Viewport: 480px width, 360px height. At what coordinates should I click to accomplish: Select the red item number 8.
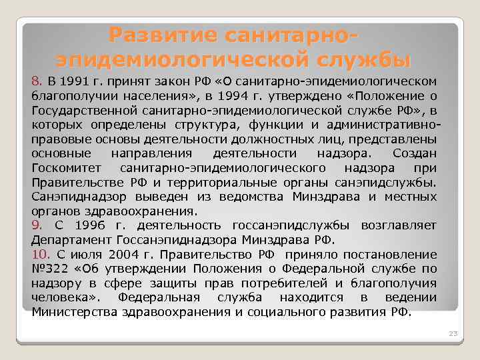(36, 81)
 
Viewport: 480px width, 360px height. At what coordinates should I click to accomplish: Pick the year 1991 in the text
(79, 81)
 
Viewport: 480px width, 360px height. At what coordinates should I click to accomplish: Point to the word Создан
(415, 154)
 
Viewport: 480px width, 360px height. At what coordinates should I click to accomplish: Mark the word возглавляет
(399, 226)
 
